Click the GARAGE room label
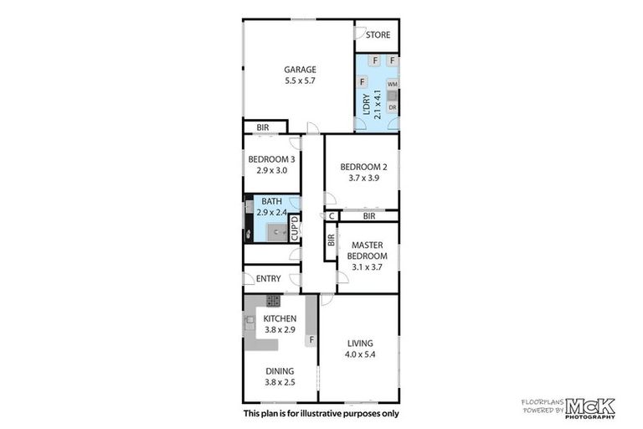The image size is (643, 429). (x=298, y=69)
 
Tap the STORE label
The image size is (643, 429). (x=378, y=35)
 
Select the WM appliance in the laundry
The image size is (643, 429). (x=392, y=85)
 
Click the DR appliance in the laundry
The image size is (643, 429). (x=392, y=106)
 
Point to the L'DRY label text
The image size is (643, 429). (x=366, y=104)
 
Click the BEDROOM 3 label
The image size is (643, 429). (x=271, y=159)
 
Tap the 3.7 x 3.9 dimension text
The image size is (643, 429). (x=362, y=178)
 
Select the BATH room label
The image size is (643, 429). (x=271, y=202)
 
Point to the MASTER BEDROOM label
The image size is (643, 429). (x=367, y=251)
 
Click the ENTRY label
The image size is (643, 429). (x=268, y=279)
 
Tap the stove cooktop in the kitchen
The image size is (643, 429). (x=273, y=300)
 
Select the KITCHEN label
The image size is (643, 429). (x=280, y=319)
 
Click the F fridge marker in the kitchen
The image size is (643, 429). (x=311, y=340)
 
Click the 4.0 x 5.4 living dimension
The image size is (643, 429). (x=360, y=354)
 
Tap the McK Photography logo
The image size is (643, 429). (x=589, y=407)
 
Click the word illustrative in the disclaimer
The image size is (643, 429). (x=334, y=413)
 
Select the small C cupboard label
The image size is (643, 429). (x=332, y=216)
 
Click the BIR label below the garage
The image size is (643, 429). (x=262, y=127)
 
